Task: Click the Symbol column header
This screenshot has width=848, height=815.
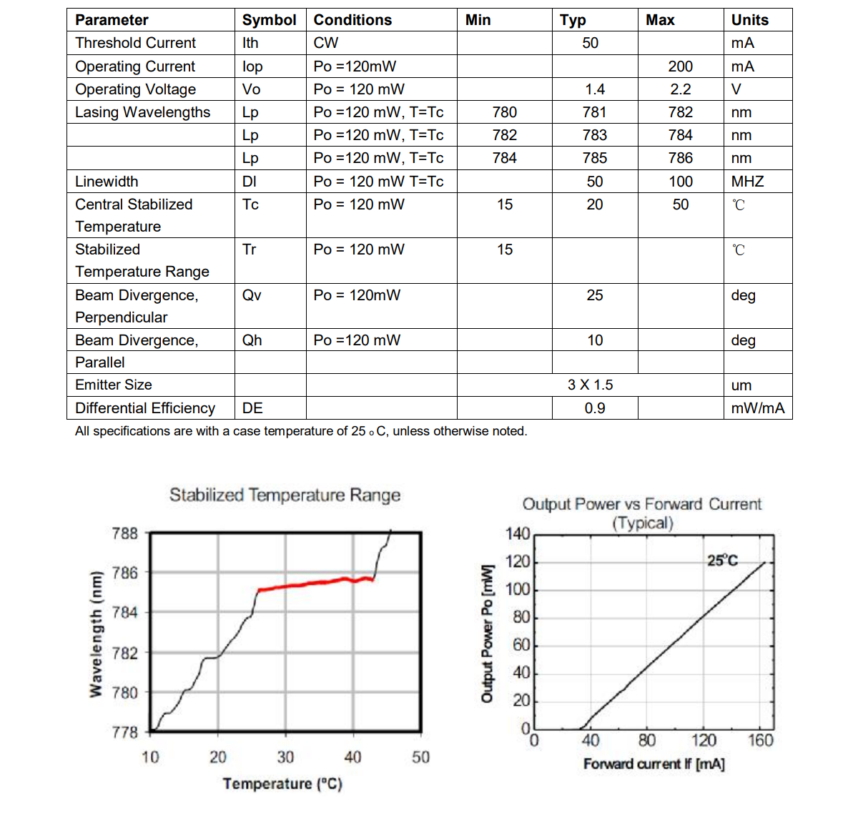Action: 269,20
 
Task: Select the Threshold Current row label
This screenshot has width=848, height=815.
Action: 135,43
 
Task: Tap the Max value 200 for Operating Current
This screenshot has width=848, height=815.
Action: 680,66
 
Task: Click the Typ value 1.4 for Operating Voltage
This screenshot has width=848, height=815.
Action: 594,89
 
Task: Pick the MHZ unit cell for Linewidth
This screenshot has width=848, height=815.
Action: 747,182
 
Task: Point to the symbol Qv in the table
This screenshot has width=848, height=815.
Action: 252,295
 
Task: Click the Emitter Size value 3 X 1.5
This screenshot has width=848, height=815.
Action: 590,385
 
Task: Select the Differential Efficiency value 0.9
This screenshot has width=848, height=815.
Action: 594,408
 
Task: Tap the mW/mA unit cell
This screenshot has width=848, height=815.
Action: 757,408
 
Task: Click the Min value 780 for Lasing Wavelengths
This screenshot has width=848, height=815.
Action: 504,112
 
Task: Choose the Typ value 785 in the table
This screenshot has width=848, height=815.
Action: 594,158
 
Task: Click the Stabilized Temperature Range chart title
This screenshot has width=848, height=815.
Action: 285,495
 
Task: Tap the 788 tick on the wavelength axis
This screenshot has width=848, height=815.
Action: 124,533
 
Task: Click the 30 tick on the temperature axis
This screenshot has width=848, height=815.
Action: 285,757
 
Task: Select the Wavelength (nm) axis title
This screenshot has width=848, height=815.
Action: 95,633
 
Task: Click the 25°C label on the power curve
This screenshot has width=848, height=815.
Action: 722,560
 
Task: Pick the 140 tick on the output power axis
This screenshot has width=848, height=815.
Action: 518,534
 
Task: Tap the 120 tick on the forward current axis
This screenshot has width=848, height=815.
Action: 704,740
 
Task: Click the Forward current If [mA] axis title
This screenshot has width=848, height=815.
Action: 654,764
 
